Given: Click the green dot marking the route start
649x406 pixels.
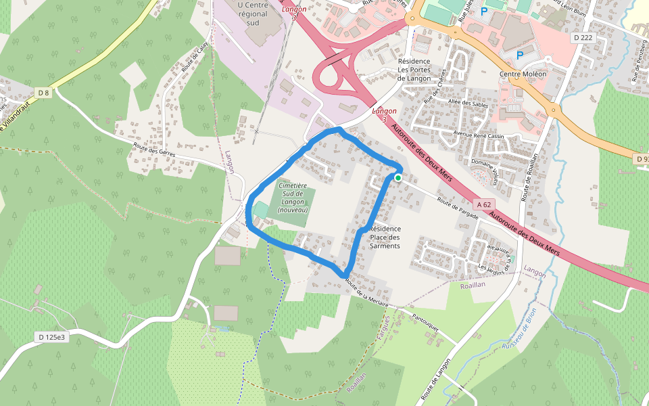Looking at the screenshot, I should [x=398, y=178].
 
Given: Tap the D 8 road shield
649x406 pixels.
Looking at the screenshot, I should [x=44, y=92].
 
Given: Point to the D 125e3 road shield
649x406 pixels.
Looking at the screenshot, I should [x=52, y=336].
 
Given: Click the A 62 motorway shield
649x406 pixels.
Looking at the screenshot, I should [x=484, y=204].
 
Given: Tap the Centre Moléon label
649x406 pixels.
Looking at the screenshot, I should [x=523, y=74].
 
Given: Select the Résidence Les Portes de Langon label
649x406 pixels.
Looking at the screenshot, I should [x=414, y=70].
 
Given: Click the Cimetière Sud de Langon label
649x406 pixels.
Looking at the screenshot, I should [x=293, y=198].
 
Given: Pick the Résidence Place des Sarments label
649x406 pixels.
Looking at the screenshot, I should [x=385, y=237].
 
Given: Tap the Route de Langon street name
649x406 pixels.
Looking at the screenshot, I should [x=436, y=378].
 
